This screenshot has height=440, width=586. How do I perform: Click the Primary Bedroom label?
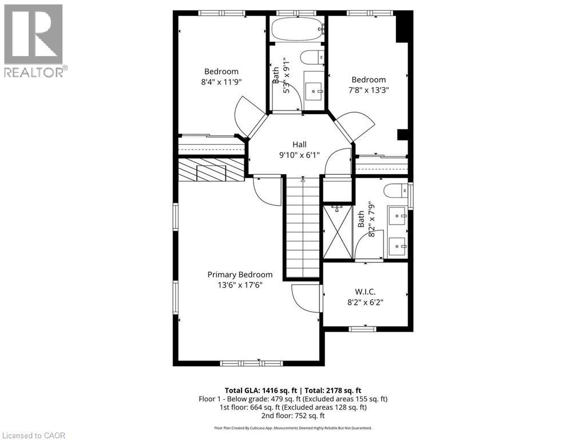coord(240,274)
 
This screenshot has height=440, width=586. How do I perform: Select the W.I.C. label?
coord(365,292)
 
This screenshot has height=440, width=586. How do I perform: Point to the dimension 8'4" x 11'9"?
coord(221,82)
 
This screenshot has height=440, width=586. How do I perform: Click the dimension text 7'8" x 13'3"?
coord(369,90)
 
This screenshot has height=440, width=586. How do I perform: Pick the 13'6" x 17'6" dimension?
coord(240,285)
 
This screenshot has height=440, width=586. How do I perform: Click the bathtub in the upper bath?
coord(297,29)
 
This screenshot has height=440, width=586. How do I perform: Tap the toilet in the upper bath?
coord(312,57)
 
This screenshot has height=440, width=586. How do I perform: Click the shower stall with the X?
coord(338,232)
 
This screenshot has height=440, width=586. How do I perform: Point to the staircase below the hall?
coord(302,229)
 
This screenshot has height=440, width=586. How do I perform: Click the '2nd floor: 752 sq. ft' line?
coord(292,416)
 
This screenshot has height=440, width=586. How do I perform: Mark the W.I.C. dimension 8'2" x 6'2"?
coord(365,302)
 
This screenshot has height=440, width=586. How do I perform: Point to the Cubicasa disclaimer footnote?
coord(292,428)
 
